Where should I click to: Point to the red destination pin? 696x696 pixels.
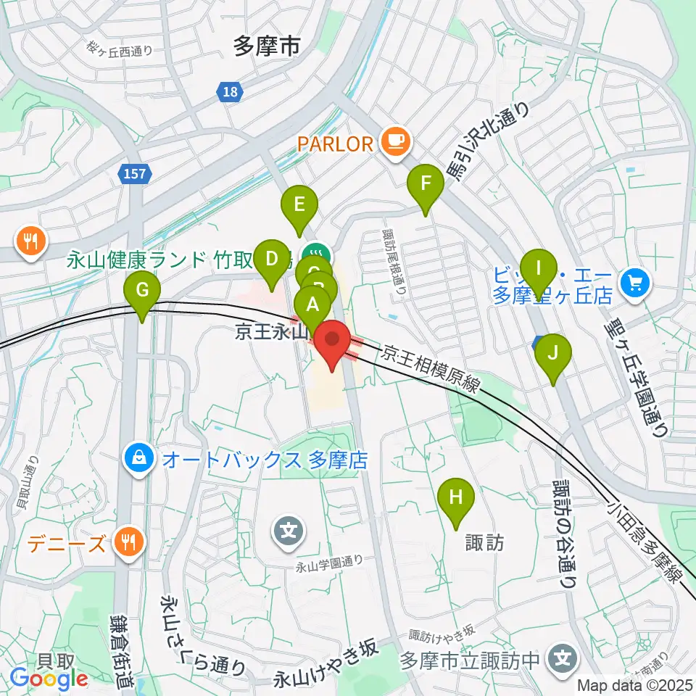[x=333, y=344]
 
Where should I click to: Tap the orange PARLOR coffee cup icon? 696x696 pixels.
[x=395, y=141]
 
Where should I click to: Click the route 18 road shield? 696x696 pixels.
[x=230, y=91]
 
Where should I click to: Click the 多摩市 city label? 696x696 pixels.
[x=266, y=47]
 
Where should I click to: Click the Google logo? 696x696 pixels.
[x=49, y=679]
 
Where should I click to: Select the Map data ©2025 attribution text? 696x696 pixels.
[x=635, y=685]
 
